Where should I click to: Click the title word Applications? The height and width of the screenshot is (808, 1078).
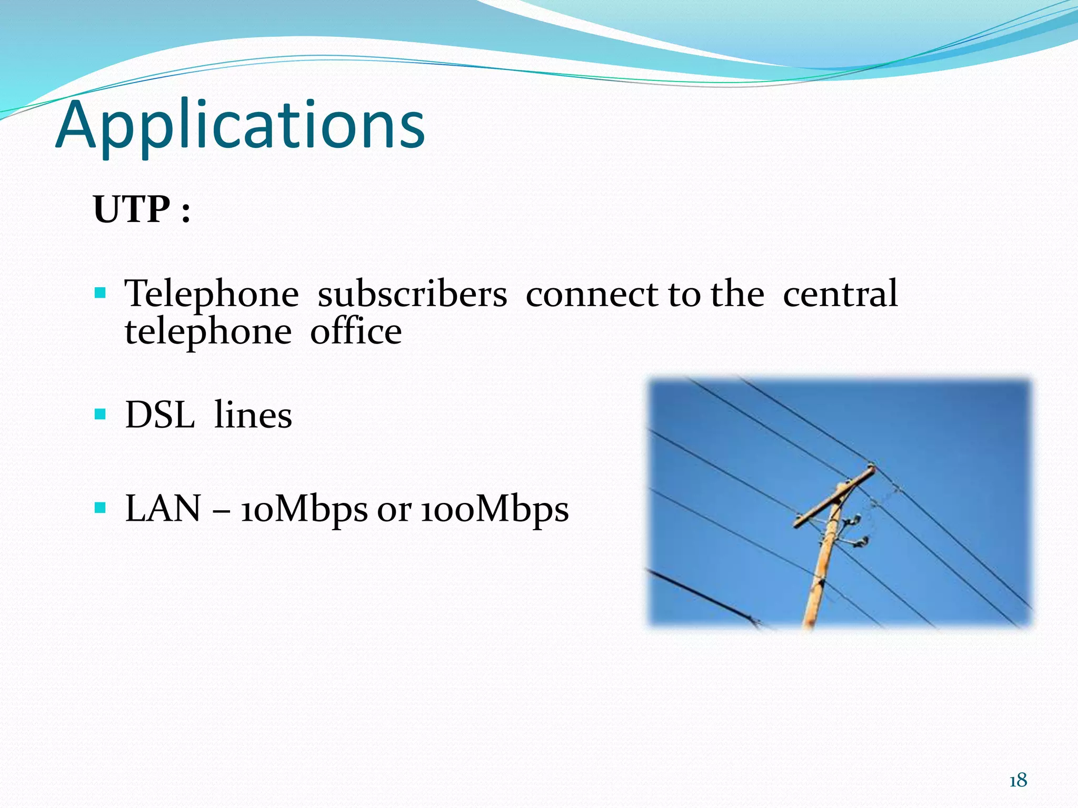point(240,126)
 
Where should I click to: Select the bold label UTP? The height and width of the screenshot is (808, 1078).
point(132,209)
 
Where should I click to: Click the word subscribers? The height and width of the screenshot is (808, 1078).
point(412,294)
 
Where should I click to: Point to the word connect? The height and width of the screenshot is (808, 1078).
point(592,294)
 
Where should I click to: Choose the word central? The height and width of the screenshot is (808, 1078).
point(840,294)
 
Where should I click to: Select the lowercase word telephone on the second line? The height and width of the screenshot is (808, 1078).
point(208,332)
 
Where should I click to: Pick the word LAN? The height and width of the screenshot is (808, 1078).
point(163,509)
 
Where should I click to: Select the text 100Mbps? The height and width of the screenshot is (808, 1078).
point(494,510)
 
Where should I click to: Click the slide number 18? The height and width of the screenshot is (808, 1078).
point(1018,780)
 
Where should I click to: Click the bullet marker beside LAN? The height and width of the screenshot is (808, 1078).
point(100,508)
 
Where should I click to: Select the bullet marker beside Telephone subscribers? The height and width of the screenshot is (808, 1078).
point(100,292)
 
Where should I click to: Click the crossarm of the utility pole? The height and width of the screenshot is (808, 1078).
point(834,497)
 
